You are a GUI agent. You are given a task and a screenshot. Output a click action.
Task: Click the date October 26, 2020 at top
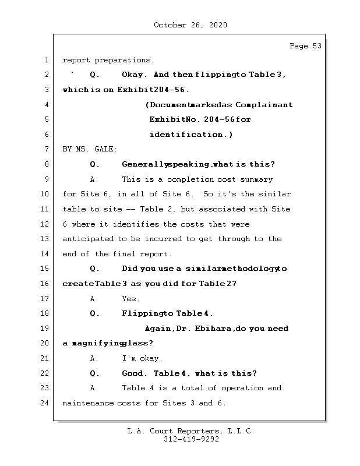pos(190,25)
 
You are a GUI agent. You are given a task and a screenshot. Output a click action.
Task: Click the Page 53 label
pos(305,46)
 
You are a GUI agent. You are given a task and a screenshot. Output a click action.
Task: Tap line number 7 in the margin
pos(46,149)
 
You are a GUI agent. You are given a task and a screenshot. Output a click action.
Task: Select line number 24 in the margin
pos(44,403)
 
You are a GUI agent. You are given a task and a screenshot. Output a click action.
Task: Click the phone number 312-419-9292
pos(191,440)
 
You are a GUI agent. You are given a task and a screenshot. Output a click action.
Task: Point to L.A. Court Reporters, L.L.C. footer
pos(190,431)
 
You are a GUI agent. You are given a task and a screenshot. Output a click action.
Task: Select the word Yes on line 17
pos(130,298)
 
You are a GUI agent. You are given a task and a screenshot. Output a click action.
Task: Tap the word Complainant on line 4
pos(267,105)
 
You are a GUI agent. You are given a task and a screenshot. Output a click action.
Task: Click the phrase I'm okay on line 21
pos(142,358)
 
